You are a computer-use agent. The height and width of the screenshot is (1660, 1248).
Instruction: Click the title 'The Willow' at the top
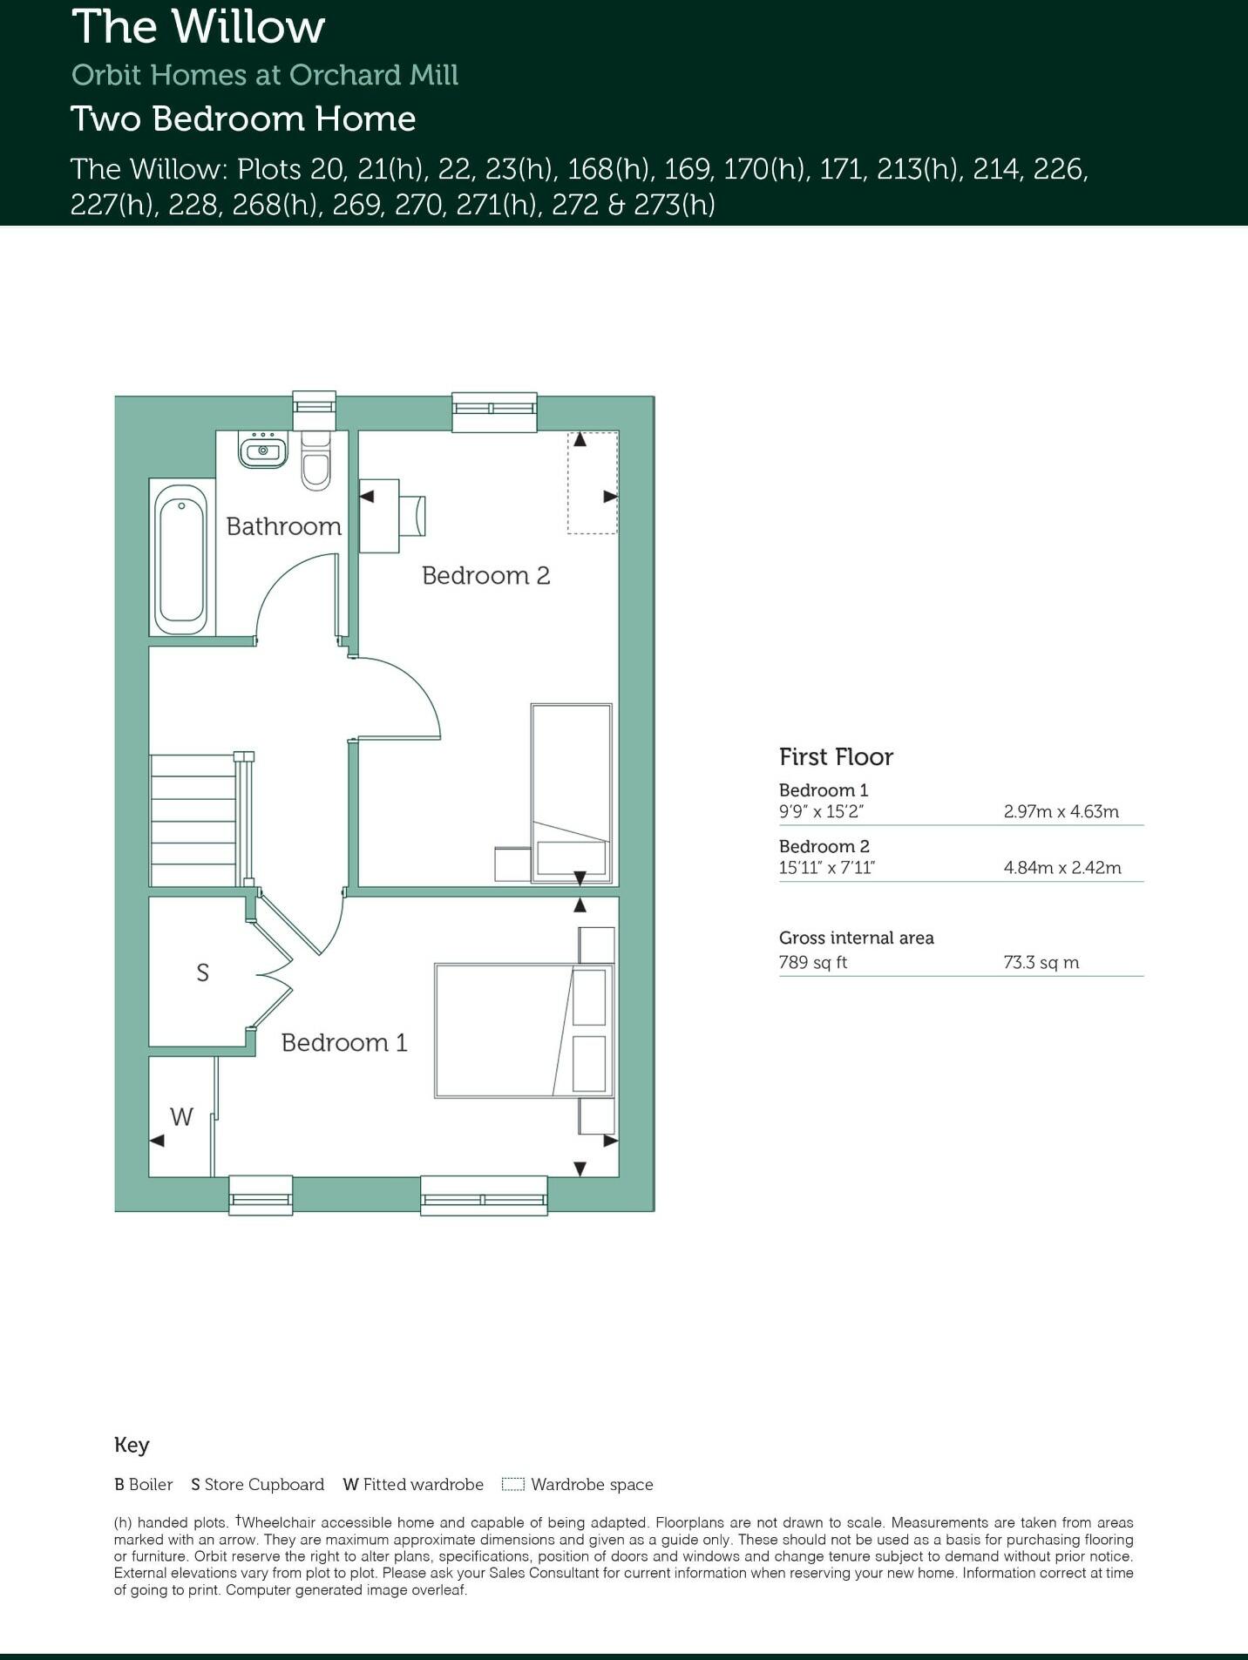click(x=199, y=28)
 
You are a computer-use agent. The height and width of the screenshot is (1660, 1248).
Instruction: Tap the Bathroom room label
click(x=283, y=526)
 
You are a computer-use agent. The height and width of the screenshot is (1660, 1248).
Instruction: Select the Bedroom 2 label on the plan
click(x=485, y=575)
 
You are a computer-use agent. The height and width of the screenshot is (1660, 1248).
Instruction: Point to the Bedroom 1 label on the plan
click(x=344, y=1042)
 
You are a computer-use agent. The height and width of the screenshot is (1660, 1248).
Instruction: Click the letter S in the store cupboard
click(x=202, y=972)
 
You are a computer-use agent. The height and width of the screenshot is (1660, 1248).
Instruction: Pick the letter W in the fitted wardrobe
click(x=181, y=1117)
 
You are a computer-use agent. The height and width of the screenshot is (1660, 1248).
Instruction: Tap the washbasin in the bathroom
click(x=262, y=450)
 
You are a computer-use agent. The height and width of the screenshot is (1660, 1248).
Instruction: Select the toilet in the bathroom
click(x=315, y=461)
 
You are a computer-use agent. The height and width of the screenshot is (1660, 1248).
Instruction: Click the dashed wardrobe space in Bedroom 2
click(x=593, y=482)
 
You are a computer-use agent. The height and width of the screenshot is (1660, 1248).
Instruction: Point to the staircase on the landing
click(x=196, y=820)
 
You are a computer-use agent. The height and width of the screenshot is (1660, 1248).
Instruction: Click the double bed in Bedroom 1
click(x=523, y=1030)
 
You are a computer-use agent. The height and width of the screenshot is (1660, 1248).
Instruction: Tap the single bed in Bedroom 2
click(x=571, y=793)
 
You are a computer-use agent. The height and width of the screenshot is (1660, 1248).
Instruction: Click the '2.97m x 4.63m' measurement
click(x=1061, y=811)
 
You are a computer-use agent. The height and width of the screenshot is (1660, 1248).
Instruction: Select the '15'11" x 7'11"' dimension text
click(x=826, y=867)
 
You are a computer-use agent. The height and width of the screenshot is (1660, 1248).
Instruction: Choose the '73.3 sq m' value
click(x=1041, y=962)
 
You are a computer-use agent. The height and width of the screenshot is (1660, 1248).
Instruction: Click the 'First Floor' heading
click(x=836, y=756)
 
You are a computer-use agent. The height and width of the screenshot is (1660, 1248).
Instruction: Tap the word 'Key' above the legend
click(x=132, y=1445)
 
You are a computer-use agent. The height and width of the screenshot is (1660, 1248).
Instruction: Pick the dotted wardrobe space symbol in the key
click(x=513, y=1484)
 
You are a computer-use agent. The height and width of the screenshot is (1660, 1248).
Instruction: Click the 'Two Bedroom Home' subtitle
click(x=243, y=119)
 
